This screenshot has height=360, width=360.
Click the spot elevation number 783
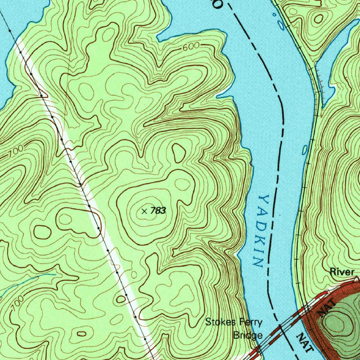tap(158, 211)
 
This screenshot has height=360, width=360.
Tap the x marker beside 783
tap(144, 211)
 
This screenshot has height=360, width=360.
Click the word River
tap(342, 272)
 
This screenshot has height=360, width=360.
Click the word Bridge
tap(248, 335)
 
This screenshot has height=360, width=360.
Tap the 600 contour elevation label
tap(191, 47)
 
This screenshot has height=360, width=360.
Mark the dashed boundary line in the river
tap(279, 141)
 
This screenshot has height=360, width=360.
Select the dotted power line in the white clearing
tap(81, 184)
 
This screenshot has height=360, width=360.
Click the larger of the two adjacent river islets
tap(281, 25)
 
